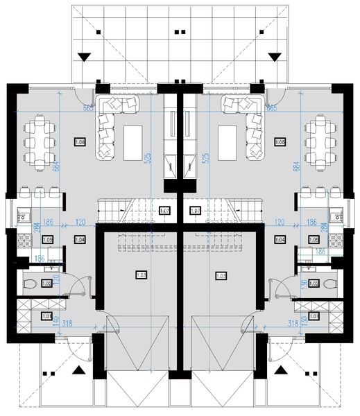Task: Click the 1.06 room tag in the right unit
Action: pyautogui.click(x=280, y=142)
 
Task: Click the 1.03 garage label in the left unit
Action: pyautogui.click(x=141, y=275)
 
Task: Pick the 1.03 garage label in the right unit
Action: pyautogui.click(x=221, y=275)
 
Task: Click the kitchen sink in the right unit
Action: pyautogui.click(x=338, y=214)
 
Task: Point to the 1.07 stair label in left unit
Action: pyautogui.click(x=165, y=211)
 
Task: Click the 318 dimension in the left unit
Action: pyautogui.click(x=68, y=323)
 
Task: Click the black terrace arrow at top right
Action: pyautogui.click(x=276, y=57)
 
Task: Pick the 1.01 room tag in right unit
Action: pyautogui.click(x=314, y=317)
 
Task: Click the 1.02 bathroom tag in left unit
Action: pyautogui.click(x=47, y=283)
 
